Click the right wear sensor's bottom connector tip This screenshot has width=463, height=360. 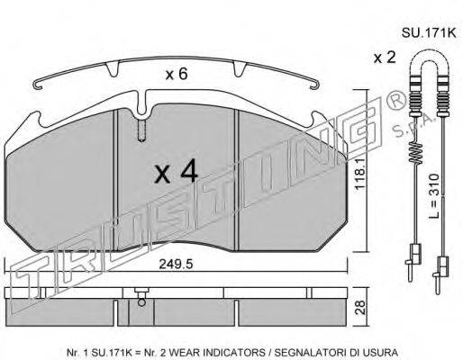pos(441,270)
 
